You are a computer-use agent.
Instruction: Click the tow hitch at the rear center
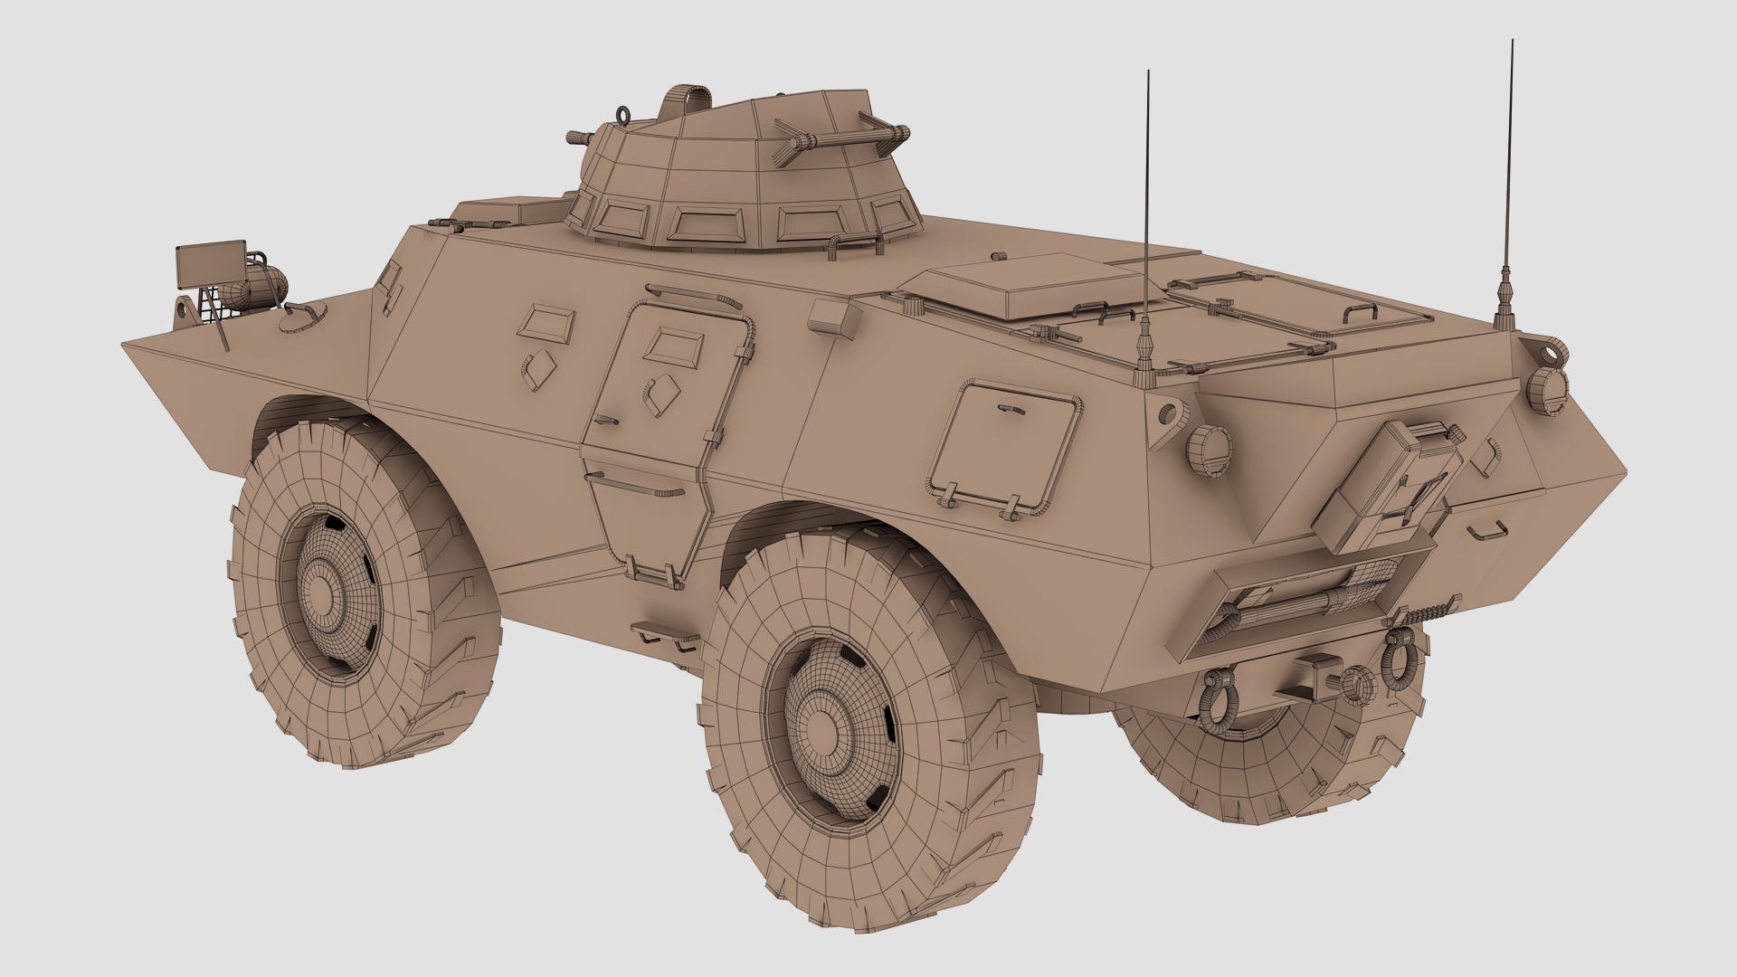coord(1312,673)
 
